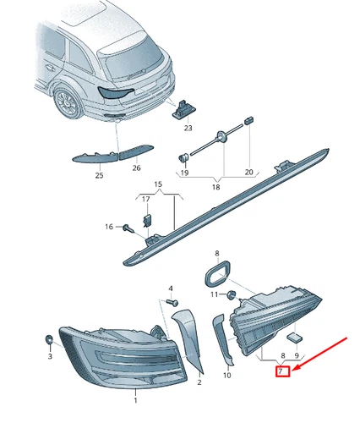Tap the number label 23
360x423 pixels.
[x=188, y=129]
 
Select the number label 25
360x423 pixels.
[x=99, y=175]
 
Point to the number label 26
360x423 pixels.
[x=136, y=168]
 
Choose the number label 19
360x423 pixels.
[x=185, y=173]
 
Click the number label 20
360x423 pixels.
[x=248, y=173]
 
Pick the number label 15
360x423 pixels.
[x=157, y=184]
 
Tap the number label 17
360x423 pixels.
[x=145, y=200]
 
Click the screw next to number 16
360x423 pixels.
[x=125, y=227]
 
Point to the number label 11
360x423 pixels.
[x=215, y=294]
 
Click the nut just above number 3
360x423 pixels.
[x=49, y=340]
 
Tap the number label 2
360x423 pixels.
[x=199, y=382]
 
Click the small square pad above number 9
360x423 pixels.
[x=297, y=336]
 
